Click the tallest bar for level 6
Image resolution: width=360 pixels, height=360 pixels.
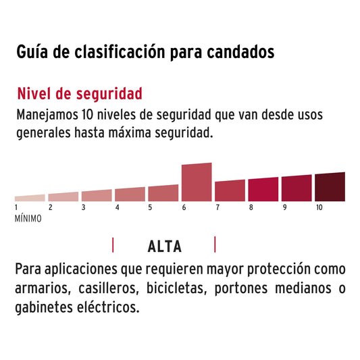click(197, 182)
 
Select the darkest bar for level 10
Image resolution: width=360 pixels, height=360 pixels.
click(330, 187)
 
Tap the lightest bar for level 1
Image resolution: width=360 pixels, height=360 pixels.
click(30, 198)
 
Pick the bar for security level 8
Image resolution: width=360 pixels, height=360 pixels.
click(263, 189)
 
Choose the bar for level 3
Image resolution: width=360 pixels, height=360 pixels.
click(97, 195)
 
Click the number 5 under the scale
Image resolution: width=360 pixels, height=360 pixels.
click(150, 208)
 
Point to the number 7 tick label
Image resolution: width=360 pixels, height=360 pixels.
click(217, 208)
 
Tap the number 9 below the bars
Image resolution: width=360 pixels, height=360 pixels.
click(284, 208)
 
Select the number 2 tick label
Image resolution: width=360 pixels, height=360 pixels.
click(50, 208)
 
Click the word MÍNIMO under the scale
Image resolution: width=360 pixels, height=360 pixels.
click(28, 219)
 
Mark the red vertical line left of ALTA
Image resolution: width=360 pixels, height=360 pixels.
click(113, 245)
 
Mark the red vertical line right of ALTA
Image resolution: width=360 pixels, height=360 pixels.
click(215, 244)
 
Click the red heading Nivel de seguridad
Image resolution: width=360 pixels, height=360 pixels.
click(79, 93)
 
